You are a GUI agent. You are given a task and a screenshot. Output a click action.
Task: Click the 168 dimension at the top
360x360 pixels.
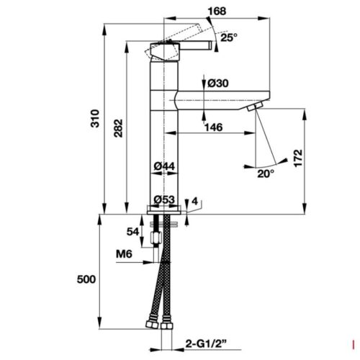tap(196, 11)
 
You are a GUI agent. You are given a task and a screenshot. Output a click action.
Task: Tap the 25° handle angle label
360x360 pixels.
tap(229, 37)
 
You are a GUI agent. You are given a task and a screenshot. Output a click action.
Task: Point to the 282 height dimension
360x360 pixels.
tap(116, 128)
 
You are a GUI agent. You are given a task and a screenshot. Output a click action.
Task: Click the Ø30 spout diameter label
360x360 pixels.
tap(218, 84)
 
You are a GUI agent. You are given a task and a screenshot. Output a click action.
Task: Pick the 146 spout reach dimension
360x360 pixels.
tap(212, 127)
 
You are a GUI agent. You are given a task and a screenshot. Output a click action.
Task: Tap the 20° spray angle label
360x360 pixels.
tap(266, 173)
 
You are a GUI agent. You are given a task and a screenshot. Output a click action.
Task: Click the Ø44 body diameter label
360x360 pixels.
tap(165, 166)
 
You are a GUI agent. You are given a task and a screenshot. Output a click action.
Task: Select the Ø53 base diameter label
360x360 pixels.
tap(165, 199)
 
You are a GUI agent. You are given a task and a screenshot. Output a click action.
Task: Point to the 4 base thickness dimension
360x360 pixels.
tap(194, 201)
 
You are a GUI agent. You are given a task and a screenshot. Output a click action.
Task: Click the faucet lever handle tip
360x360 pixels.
tap(212, 46)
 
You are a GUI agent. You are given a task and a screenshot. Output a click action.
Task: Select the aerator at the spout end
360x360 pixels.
tap(252, 107)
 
